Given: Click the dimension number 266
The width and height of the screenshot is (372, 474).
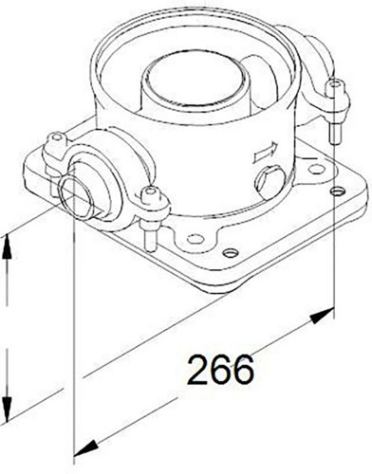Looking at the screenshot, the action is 221,369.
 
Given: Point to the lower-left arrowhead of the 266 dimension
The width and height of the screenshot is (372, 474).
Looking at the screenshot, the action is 84,447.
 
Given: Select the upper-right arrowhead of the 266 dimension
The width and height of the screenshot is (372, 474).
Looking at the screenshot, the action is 323,315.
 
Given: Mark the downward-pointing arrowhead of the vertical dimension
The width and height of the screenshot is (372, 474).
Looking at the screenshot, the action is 7,407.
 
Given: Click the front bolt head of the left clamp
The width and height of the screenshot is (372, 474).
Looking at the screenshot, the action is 150,194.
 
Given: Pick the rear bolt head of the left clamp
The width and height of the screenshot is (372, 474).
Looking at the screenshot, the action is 57,137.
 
